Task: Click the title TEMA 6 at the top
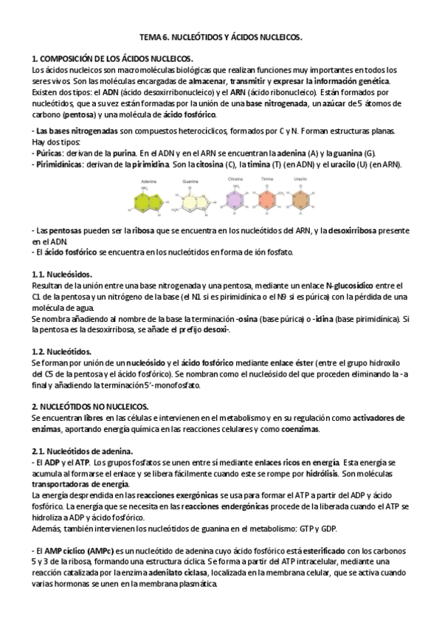click(x=221, y=36)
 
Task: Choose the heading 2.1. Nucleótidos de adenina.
click(x=83, y=451)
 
